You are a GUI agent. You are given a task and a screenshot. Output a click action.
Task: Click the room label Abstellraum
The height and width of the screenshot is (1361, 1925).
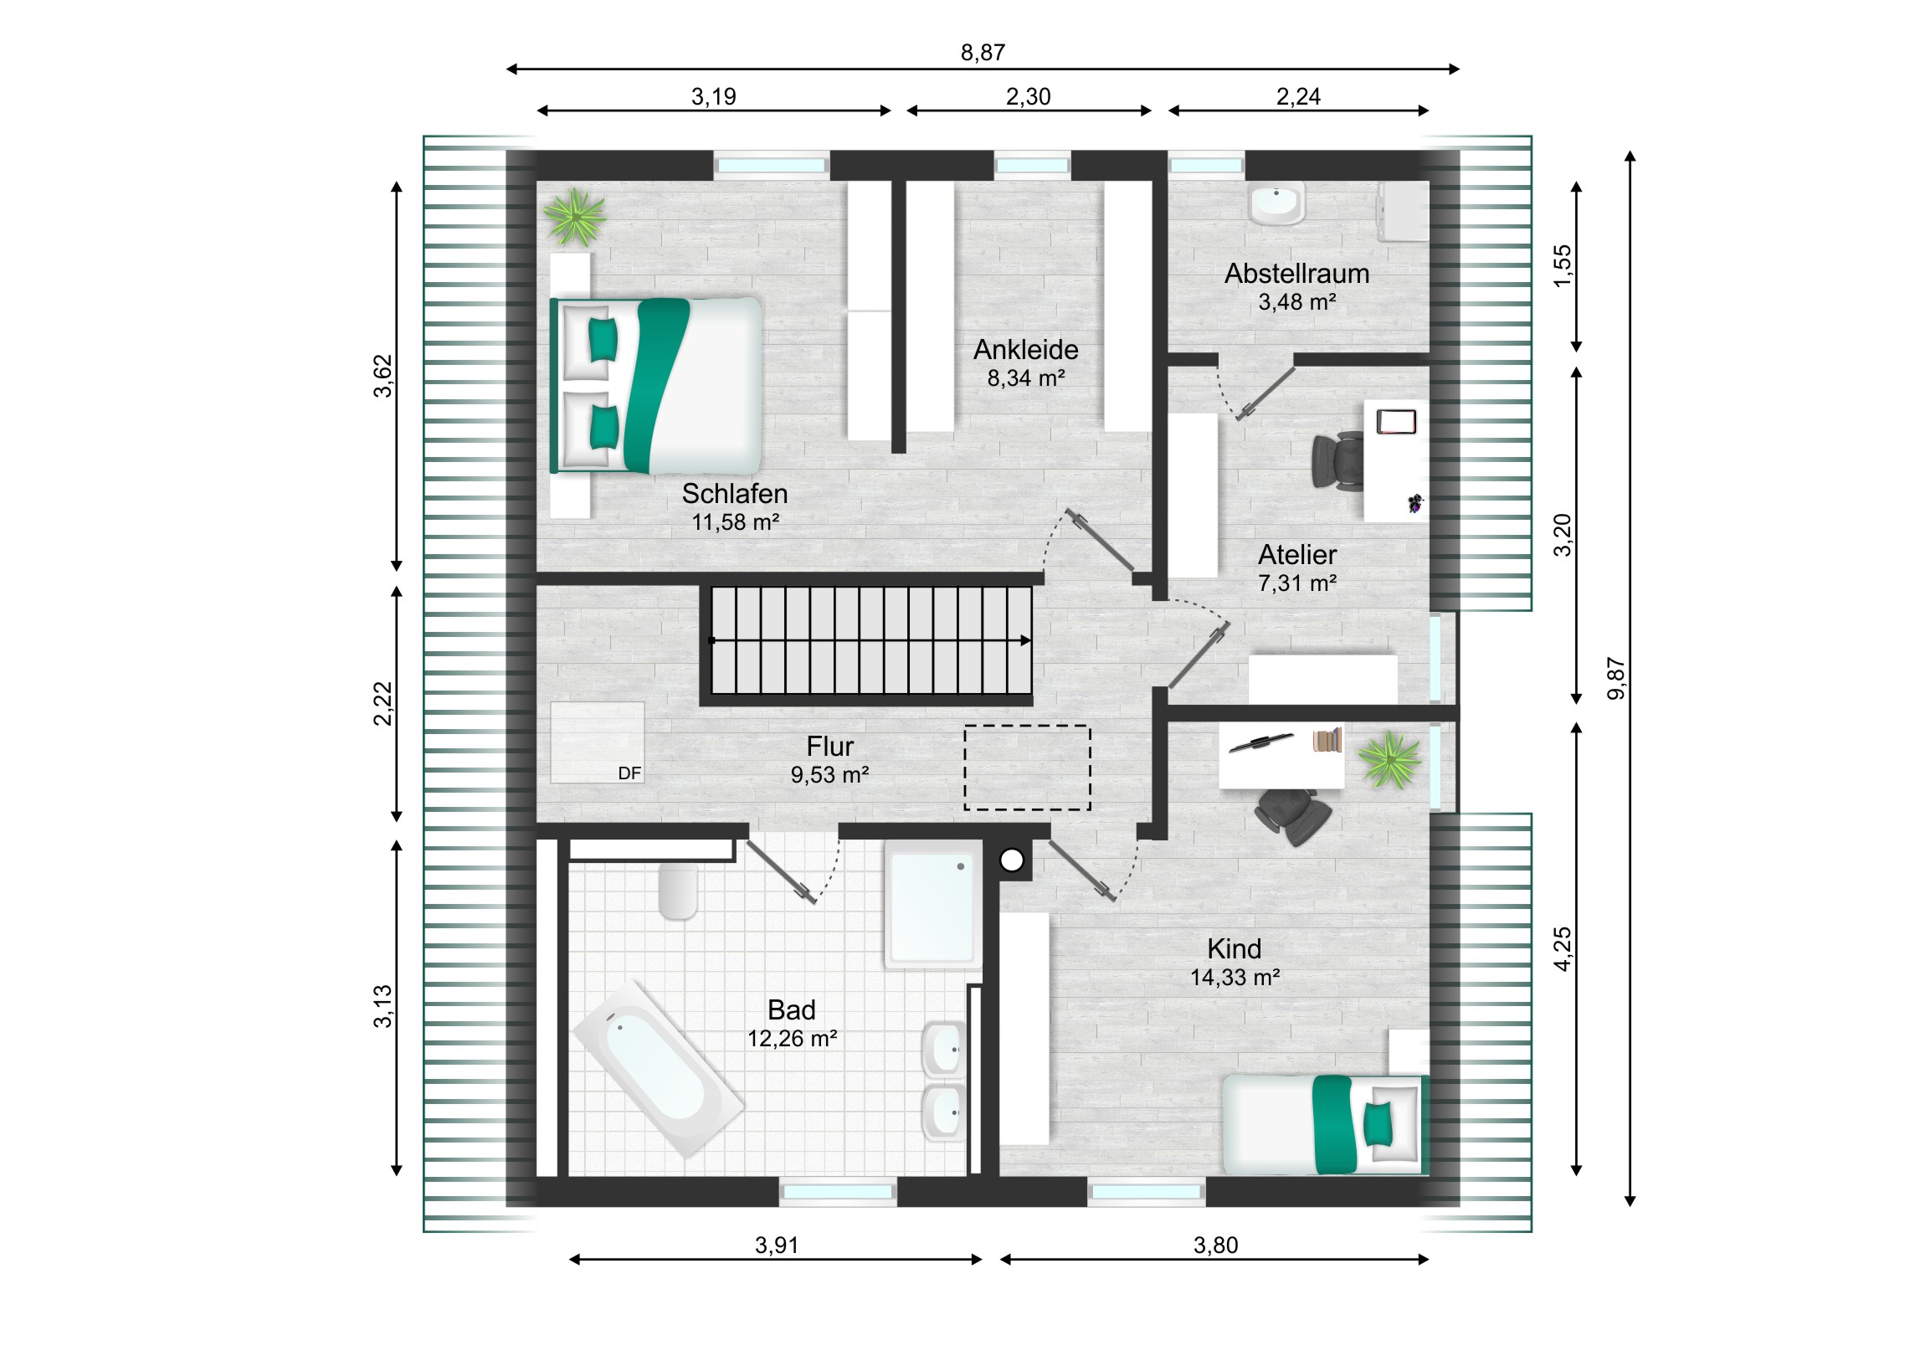(1296, 274)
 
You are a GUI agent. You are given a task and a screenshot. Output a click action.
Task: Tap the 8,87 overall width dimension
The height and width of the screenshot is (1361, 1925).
(983, 53)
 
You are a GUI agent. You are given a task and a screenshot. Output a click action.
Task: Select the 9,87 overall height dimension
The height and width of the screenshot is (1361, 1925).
(1615, 678)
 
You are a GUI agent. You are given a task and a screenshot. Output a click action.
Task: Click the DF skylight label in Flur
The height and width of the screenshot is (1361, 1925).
(629, 773)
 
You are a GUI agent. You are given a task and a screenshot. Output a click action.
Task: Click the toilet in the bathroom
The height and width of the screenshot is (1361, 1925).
(678, 891)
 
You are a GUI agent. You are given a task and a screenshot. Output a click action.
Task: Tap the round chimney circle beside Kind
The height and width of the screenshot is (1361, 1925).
(1012, 860)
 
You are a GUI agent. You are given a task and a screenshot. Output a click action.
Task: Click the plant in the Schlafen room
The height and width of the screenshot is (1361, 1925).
(574, 216)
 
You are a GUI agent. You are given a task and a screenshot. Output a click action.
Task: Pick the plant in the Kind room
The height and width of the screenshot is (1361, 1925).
(1389, 760)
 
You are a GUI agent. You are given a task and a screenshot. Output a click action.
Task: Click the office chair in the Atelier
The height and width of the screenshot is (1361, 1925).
(1337, 460)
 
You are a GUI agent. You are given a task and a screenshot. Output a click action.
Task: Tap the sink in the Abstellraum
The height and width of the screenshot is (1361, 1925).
(1276, 203)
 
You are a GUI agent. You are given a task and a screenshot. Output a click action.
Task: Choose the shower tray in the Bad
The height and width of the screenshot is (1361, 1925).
(933, 906)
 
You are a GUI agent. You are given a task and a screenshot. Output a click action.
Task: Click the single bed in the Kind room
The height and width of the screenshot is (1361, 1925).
(1326, 1124)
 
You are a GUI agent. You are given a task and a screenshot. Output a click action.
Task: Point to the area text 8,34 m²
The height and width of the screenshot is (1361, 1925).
(1026, 378)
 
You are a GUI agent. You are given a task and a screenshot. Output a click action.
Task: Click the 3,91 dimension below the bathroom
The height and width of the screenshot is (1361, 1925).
(777, 1245)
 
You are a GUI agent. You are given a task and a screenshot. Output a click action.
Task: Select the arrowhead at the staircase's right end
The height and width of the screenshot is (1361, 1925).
(1026, 640)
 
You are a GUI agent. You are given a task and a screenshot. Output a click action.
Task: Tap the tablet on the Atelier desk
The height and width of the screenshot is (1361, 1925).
(1396, 421)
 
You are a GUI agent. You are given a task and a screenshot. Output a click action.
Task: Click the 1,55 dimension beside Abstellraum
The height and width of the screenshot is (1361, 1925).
(1562, 266)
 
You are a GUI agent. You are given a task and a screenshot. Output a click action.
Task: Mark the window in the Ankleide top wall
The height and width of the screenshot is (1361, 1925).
(1032, 165)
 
